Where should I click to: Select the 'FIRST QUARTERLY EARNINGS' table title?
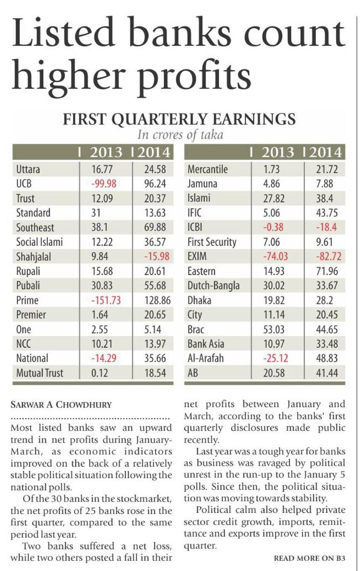[x=179, y=119]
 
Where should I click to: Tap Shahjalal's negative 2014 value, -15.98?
[x=155, y=256]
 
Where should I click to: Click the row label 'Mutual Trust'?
[x=39, y=373]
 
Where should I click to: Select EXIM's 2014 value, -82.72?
[x=327, y=256]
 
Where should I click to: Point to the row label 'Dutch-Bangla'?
[x=213, y=286]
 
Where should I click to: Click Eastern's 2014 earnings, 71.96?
[x=327, y=271]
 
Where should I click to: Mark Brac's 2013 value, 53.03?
[x=274, y=329]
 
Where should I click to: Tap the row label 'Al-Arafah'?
[x=206, y=358]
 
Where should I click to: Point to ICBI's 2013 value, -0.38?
[x=274, y=227]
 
